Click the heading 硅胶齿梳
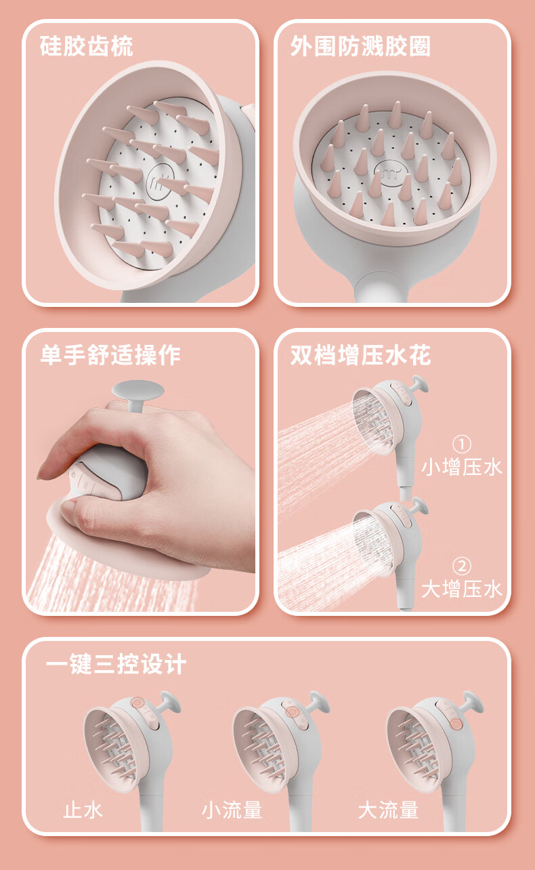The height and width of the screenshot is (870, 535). pos(87,46)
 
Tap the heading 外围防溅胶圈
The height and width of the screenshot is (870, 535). pos(360,46)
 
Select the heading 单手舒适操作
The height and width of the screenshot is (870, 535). pos(110,354)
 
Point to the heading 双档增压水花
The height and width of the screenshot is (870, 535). pos(360,354)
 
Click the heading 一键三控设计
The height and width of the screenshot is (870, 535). pos(116,664)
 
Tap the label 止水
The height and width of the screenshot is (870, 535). pos(83,810)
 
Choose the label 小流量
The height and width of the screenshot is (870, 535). pos(232,810)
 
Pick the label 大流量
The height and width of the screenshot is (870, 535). pos(388,810)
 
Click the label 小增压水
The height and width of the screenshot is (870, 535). pos(462,467)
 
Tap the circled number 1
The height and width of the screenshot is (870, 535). pos(462,444)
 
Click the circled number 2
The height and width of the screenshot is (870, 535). pos(462,566)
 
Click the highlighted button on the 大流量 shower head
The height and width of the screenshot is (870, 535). pos(455,724)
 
